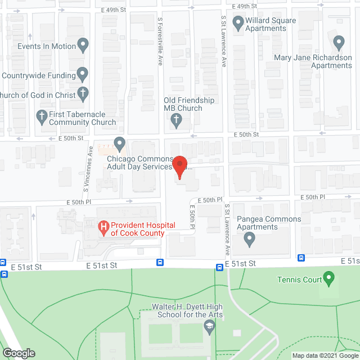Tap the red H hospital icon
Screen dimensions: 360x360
coord(103,227)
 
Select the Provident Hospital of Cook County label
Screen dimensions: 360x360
coord(137,229)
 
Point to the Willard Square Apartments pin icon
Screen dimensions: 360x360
coord(237,24)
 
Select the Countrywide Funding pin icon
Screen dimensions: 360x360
coord(83,74)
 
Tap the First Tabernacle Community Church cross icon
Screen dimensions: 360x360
coord(41,117)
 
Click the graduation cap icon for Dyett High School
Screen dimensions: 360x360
coord(209,326)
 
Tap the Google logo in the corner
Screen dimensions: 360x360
coord(18,353)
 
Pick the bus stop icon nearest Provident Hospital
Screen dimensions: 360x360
coord(160,262)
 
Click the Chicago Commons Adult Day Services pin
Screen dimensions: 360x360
coord(119,144)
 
